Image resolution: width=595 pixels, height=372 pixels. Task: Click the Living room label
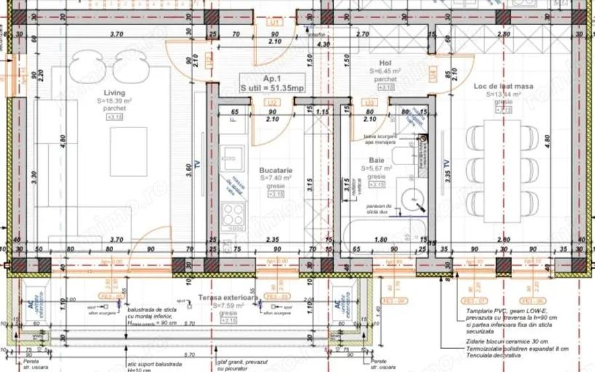click(x=114, y=93)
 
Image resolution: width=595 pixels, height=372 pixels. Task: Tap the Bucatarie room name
click(x=276, y=170)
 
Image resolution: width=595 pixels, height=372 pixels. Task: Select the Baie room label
click(x=376, y=161)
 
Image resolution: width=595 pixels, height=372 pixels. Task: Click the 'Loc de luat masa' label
click(x=502, y=87)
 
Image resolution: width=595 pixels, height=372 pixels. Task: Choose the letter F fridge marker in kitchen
click(x=233, y=121)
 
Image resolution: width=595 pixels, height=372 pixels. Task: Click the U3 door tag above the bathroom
click(x=371, y=102)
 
